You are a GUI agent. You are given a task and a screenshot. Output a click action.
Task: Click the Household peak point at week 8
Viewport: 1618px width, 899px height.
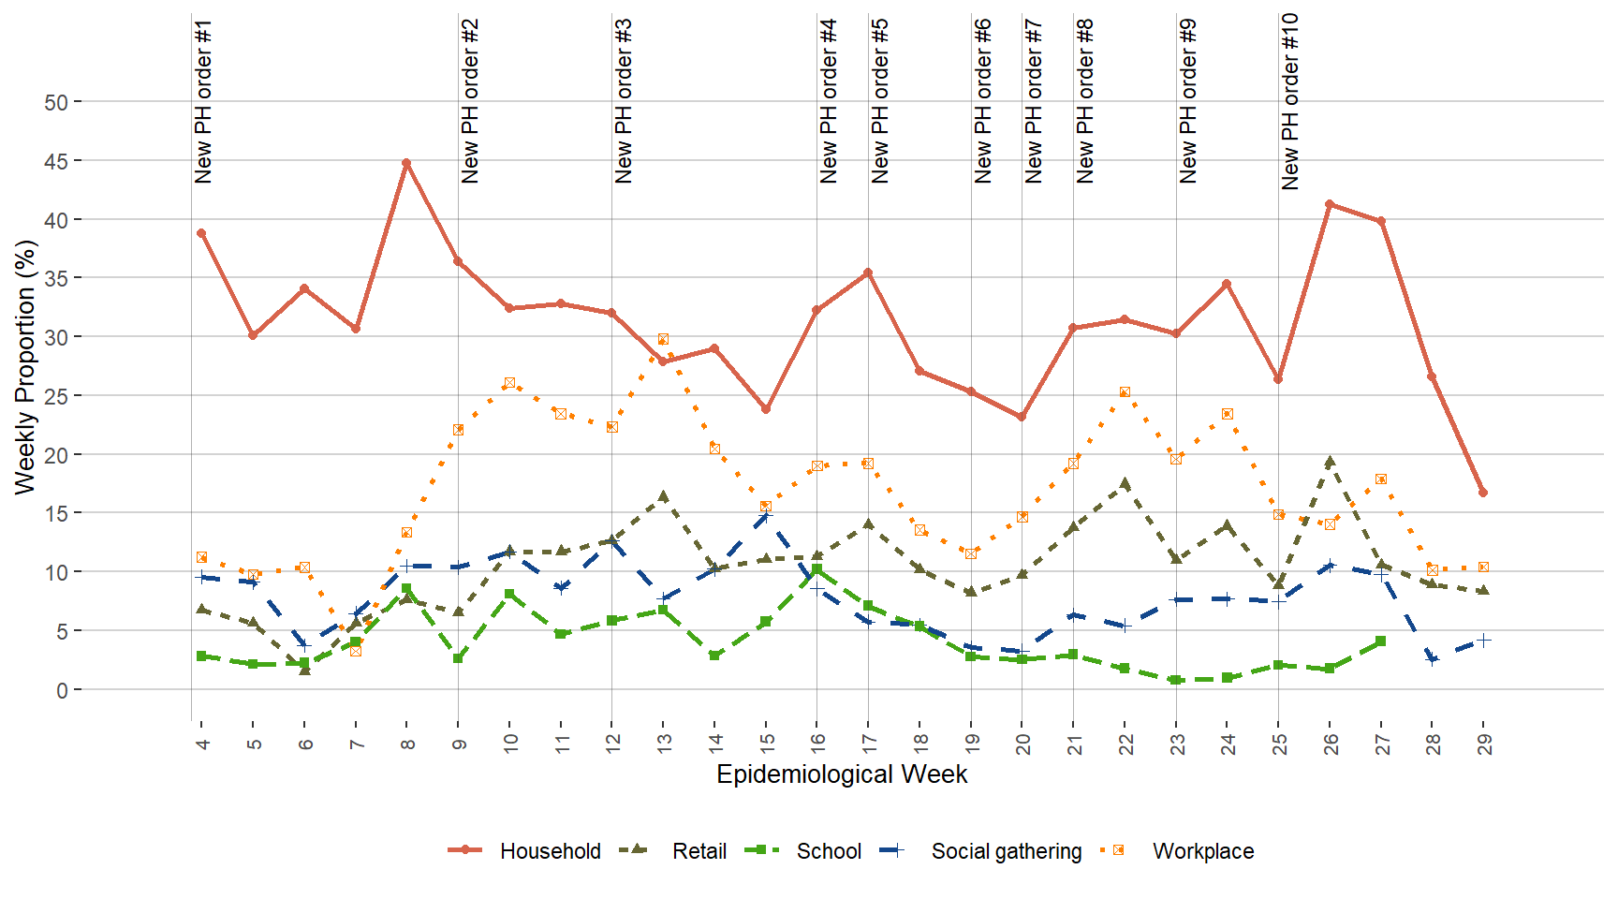pyautogui.click(x=406, y=163)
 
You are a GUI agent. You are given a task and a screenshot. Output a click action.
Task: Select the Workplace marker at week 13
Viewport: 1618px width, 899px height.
pyautogui.click(x=663, y=339)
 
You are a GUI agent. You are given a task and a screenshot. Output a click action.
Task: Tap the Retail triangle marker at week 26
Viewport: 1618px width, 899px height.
pyautogui.click(x=1330, y=462)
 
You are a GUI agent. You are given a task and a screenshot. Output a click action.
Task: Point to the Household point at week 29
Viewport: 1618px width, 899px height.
pyautogui.click(x=1483, y=493)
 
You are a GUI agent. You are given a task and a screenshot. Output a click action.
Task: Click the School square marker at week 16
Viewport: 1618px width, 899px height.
pyautogui.click(x=816, y=569)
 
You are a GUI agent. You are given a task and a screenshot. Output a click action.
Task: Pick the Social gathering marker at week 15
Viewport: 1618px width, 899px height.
pyautogui.click(x=765, y=516)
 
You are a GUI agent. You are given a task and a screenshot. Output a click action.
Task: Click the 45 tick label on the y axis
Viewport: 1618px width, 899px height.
pyautogui.click(x=56, y=161)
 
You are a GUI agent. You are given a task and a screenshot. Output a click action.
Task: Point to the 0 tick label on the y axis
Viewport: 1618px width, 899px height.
pyautogui.click(x=62, y=690)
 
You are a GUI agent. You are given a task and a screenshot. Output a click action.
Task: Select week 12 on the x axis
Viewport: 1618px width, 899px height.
pyautogui.click(x=612, y=744)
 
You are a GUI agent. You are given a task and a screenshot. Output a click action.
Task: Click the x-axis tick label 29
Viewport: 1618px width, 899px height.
pyautogui.click(x=1484, y=744)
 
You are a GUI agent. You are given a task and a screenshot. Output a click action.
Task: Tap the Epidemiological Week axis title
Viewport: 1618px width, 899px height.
pyautogui.click(x=842, y=774)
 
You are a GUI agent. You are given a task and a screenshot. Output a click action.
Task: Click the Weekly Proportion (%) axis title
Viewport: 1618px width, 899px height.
pyautogui.click(x=25, y=367)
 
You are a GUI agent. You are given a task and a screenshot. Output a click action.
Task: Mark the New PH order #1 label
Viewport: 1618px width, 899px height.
pyautogui.click(x=203, y=101)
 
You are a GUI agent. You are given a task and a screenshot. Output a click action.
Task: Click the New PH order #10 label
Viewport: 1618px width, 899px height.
pyautogui.click(x=1290, y=101)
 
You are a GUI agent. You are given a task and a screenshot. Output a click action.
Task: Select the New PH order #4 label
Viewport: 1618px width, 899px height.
pyautogui.click(x=829, y=101)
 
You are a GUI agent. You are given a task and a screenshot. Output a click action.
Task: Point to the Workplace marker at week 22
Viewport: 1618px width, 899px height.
pyautogui.click(x=1125, y=392)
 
